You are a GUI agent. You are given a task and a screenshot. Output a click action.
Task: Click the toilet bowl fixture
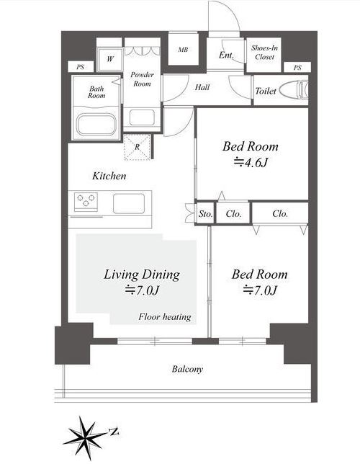pos(294,90)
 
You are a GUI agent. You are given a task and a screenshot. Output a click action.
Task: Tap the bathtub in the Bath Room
pos(96,125)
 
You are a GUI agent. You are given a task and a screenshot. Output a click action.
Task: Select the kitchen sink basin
pos(129,203)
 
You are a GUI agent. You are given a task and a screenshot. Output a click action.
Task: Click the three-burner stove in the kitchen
pos(86,202)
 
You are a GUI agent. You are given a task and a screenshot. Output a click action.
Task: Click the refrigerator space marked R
pos(137,147)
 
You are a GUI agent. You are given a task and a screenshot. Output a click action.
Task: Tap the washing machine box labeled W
pos(110,59)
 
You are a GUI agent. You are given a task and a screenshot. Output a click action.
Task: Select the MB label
pos(183,50)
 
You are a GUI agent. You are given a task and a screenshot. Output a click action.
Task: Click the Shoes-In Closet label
pos(264,53)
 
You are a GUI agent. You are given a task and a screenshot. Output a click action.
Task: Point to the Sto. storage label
pos(206,214)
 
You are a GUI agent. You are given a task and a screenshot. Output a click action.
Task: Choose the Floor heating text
pos(165,316)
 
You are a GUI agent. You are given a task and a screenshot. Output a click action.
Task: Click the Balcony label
pos(187,369)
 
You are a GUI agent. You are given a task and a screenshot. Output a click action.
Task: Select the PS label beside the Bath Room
pos(81,67)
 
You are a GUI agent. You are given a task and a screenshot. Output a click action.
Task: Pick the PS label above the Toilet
pos(297,68)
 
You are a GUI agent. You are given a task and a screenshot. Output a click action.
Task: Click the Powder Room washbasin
pos(142,117)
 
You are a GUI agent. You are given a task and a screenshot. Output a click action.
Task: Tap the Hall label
pos(202,87)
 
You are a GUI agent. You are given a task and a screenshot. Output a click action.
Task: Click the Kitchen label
pos(109,176)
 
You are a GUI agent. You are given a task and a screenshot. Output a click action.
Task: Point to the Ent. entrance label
pos(226,55)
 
